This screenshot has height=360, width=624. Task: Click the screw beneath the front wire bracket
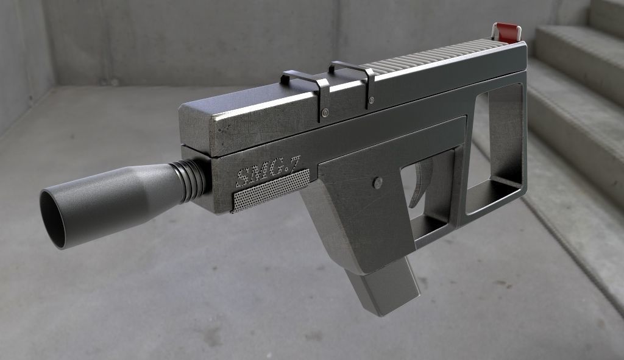(x=325, y=112)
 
